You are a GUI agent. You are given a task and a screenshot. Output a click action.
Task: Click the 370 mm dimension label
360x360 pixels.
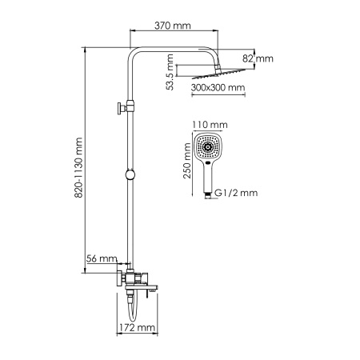point(174,26)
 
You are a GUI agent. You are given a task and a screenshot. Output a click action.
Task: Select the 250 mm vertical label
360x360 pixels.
point(188,168)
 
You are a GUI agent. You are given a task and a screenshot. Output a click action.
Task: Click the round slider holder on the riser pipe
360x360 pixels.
point(128,175)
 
